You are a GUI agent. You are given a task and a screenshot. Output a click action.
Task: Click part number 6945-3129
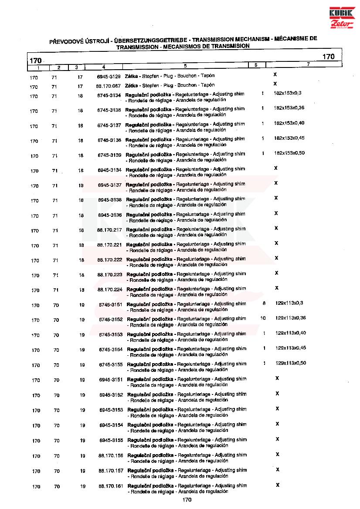click(x=109, y=76)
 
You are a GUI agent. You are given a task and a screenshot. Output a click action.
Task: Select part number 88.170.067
click(x=108, y=86)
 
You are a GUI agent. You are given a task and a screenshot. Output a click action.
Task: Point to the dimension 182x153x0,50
click(x=289, y=153)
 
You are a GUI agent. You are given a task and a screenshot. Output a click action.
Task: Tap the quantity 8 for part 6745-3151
click(x=264, y=303)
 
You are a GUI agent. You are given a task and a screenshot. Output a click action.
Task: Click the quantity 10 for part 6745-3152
click(x=263, y=318)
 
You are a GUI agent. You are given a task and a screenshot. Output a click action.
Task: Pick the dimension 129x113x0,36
click(x=291, y=318)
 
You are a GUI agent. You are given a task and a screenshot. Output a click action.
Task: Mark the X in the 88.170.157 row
click(x=278, y=469)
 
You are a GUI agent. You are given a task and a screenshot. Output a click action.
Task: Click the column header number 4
click(x=103, y=67)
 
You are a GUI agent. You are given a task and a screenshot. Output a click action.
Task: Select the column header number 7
click(x=308, y=65)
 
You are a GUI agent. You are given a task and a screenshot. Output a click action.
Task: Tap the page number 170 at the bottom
click(x=187, y=499)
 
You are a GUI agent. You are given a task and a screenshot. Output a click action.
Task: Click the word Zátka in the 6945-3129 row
click(x=131, y=76)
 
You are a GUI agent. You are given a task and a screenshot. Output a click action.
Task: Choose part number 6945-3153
click(x=111, y=410)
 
